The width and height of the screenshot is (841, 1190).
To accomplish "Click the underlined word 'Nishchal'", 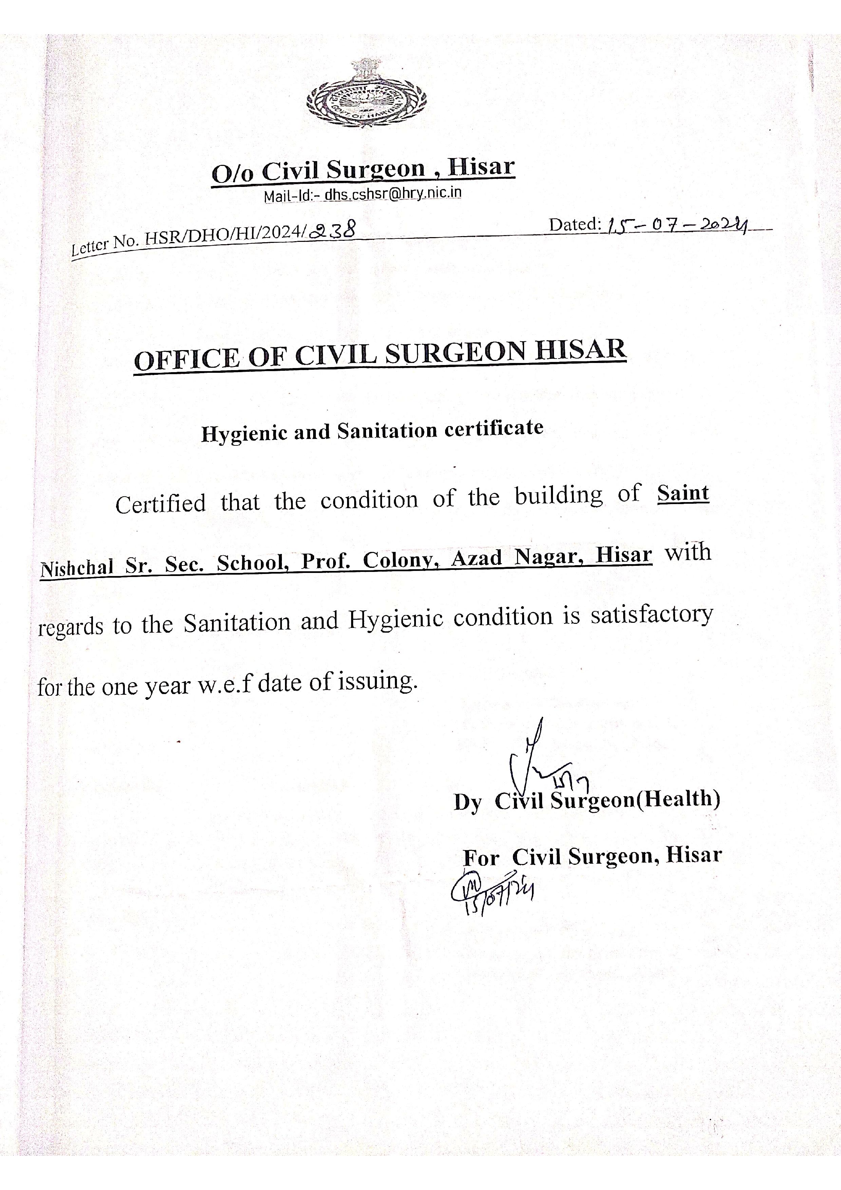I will (x=77, y=569).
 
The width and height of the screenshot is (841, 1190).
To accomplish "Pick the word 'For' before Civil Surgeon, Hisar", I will (x=481, y=858).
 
